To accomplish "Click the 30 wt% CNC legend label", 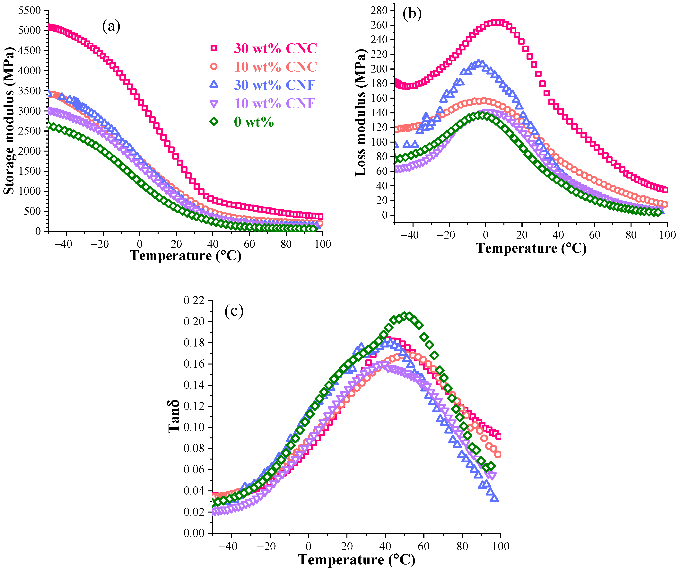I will (x=275, y=48).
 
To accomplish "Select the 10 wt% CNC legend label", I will (x=275, y=67).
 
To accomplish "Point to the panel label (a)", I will (x=111, y=26).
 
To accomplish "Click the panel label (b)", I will (x=412, y=14).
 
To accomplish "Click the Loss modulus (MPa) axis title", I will (x=360, y=113).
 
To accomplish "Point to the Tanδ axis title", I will (x=174, y=417).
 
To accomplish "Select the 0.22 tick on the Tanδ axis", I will (x=194, y=301).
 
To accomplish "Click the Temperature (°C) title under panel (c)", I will (x=356, y=559).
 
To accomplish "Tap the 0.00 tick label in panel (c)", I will (x=194, y=533).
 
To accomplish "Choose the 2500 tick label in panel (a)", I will (x=30, y=131).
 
